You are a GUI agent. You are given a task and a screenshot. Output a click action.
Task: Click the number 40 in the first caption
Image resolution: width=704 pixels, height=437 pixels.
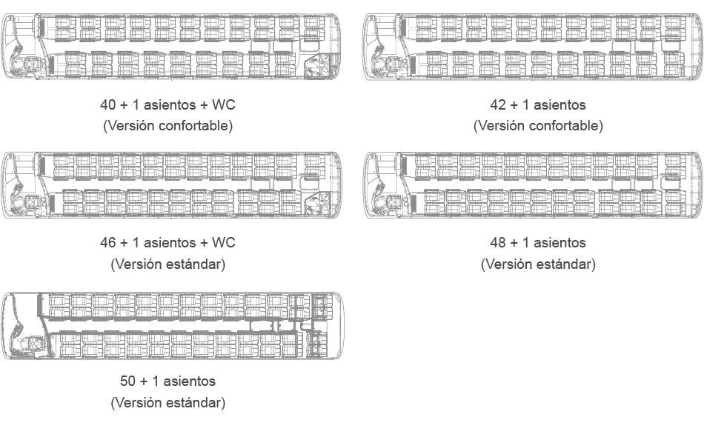pyautogui.click(x=107, y=104)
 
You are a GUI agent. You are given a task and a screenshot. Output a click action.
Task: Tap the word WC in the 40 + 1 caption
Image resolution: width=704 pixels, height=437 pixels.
pyautogui.click(x=224, y=104)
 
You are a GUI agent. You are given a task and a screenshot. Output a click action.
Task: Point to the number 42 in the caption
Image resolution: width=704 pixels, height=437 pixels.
pyautogui.click(x=498, y=104)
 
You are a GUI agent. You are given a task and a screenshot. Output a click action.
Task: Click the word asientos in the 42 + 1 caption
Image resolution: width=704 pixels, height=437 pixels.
pyautogui.click(x=559, y=104)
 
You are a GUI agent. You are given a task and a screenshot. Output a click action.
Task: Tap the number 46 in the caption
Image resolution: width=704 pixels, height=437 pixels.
pyautogui.click(x=107, y=242)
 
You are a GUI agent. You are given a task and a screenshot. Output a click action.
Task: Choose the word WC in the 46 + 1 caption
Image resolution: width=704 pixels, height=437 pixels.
pyautogui.click(x=224, y=242)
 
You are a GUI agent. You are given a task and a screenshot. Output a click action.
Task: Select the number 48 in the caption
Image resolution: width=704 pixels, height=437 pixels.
pyautogui.click(x=498, y=242)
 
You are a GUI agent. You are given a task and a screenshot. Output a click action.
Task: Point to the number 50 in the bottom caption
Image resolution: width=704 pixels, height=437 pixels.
pyautogui.click(x=127, y=381)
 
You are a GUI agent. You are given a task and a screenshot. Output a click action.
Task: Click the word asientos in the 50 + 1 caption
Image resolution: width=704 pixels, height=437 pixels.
pyautogui.click(x=189, y=381)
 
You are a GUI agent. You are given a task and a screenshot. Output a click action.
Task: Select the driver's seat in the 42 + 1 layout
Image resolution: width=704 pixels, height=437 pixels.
pyautogui.click(x=393, y=64)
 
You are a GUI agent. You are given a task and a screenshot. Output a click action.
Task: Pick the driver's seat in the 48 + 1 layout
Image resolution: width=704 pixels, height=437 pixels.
pyautogui.click(x=393, y=203)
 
